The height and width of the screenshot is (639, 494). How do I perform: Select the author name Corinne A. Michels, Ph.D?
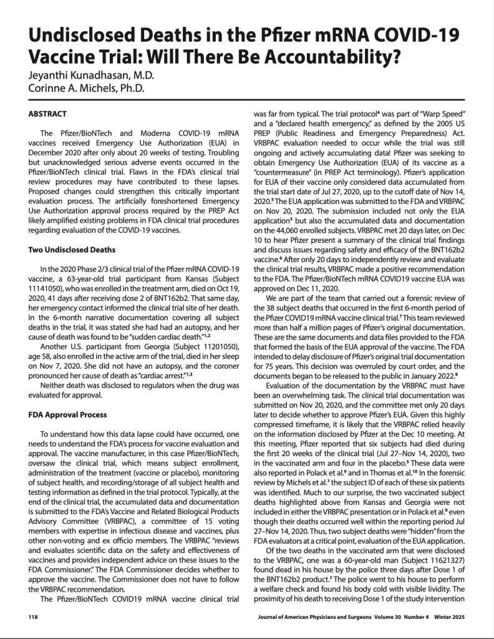(87, 88)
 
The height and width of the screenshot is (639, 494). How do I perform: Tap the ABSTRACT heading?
(52, 115)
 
